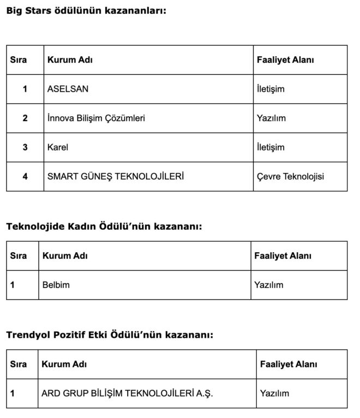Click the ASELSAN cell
68,89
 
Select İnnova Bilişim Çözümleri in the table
97,118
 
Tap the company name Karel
58,147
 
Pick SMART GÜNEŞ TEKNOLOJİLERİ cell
116,176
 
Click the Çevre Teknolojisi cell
294,176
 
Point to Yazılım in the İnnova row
271,118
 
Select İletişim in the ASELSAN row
271,89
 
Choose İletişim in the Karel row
271,147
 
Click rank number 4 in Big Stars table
25,176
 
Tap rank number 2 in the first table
25,118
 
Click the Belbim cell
56,285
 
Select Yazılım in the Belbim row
269,285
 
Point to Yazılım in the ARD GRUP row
275,393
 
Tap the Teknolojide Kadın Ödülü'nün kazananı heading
104,226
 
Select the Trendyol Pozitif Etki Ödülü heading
110,335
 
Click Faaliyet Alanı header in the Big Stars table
285,60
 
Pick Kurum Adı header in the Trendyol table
64,364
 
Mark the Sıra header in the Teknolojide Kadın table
19,255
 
